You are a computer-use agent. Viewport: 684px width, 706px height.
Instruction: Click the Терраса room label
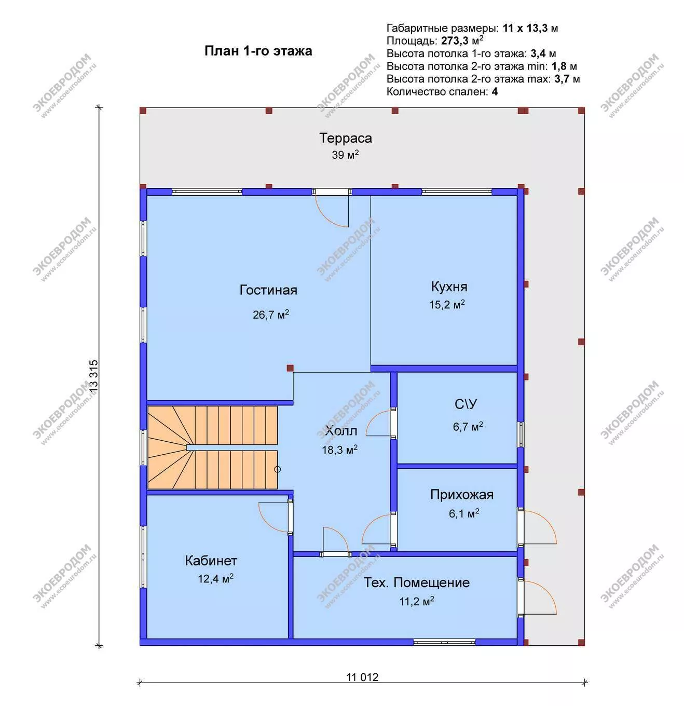(x=345, y=138)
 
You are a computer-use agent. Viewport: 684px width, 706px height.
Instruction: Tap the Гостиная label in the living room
(x=268, y=290)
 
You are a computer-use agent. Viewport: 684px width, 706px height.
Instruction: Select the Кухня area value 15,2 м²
(x=447, y=304)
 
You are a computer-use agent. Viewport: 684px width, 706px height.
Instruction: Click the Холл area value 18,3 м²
(x=340, y=450)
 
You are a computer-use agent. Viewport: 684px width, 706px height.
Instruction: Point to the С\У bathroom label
(x=466, y=404)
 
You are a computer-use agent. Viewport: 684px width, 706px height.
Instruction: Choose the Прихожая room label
(x=462, y=495)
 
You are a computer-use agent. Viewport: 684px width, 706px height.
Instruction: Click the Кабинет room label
(x=211, y=561)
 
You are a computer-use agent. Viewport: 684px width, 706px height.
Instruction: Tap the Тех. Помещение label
(x=416, y=582)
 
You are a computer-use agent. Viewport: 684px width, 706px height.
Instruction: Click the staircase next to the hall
(x=212, y=447)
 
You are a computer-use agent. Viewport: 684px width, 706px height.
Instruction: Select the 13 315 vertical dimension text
(x=93, y=375)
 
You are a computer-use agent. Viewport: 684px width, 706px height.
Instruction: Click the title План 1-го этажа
(x=258, y=51)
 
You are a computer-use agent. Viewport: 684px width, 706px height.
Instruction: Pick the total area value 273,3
(x=455, y=40)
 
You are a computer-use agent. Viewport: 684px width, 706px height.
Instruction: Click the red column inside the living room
(x=290, y=368)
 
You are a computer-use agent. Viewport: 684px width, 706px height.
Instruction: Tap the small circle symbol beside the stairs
(x=278, y=469)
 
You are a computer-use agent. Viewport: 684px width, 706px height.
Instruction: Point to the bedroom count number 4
(x=495, y=91)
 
